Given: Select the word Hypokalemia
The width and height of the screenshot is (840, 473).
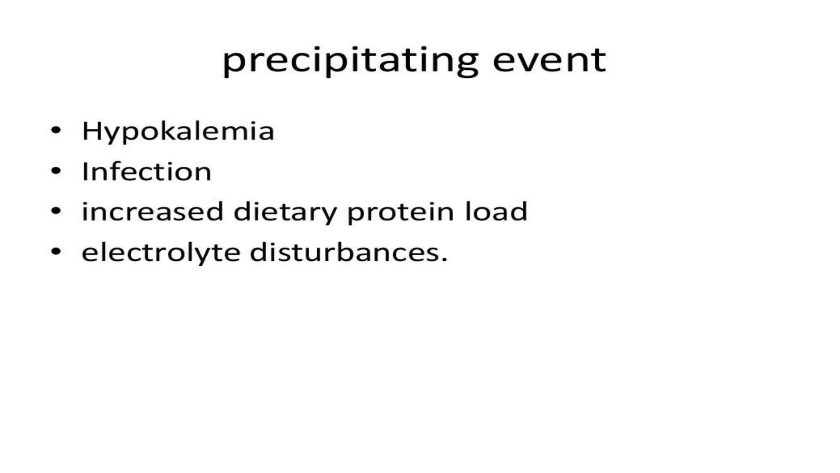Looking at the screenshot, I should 178,131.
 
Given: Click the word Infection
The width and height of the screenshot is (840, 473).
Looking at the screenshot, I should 146,171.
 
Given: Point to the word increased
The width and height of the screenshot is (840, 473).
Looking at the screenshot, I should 152,211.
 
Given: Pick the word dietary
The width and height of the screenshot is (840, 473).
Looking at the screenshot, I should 285,212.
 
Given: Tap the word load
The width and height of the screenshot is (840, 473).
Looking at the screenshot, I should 496,211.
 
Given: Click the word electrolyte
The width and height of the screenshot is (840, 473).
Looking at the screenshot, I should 161,252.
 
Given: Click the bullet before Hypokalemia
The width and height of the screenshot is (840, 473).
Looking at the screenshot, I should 56,131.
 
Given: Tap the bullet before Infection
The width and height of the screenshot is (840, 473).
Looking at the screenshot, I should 56,171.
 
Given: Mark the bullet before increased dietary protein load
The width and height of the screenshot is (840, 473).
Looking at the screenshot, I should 56,211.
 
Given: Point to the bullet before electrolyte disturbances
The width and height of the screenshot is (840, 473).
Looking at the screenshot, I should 56,252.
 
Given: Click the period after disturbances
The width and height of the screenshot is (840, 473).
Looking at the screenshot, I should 444,260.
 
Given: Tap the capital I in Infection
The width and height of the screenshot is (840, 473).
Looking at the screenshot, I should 85,171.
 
